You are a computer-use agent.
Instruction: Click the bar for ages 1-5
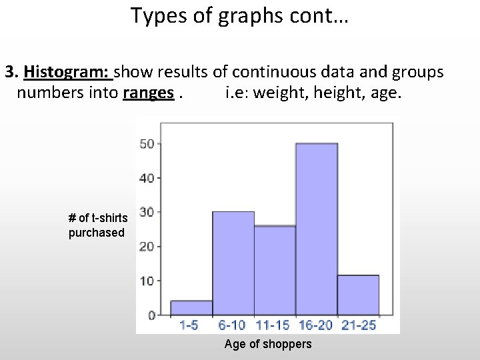point(191,308)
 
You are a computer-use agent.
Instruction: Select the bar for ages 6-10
point(233,263)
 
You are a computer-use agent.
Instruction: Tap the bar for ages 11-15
point(275,270)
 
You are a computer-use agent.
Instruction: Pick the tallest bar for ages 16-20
point(317,229)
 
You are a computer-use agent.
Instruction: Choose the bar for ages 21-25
point(358,295)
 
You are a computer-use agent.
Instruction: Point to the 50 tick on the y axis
point(147,143)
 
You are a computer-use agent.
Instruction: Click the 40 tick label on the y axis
point(147,178)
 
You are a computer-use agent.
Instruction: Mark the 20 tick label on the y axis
point(147,247)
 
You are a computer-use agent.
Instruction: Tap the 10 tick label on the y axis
point(147,281)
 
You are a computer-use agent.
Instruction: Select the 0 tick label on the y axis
point(151,315)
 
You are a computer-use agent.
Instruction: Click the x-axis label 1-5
point(189,325)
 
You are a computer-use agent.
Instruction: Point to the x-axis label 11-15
point(272,325)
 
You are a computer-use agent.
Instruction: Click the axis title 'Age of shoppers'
point(268,344)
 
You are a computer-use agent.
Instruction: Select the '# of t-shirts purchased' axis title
point(97,225)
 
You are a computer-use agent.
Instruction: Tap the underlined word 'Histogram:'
point(69,71)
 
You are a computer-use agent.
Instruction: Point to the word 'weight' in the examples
point(276,92)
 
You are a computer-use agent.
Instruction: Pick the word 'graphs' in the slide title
point(250,15)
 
